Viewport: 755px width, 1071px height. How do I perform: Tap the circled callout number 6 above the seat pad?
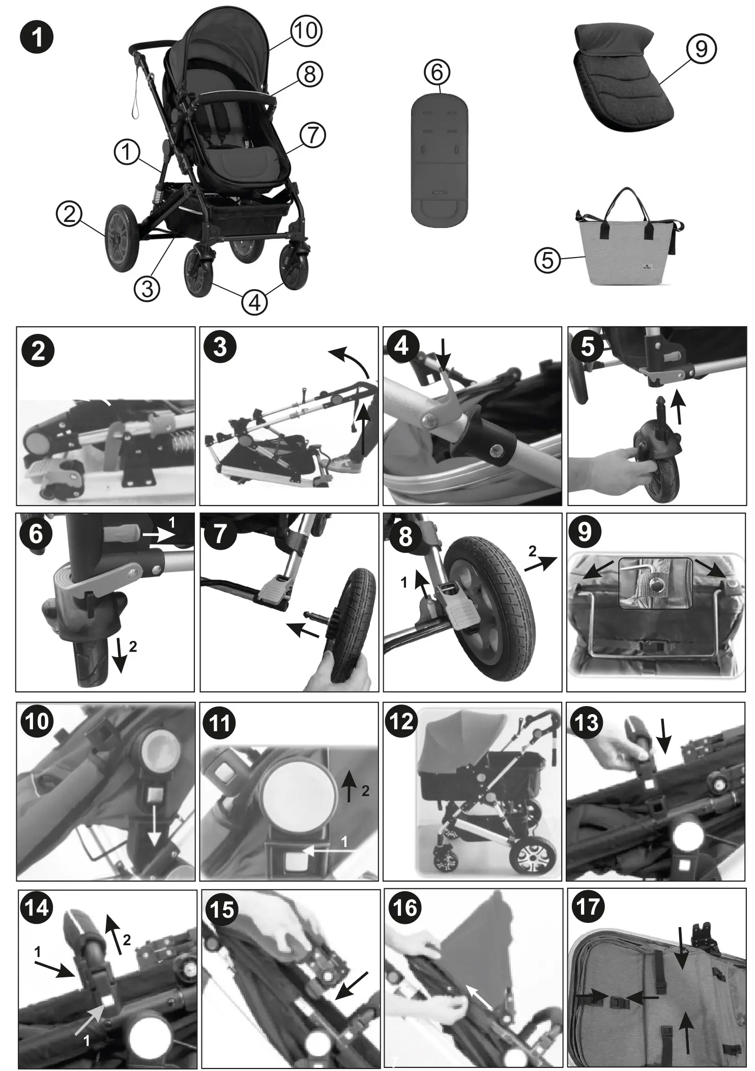coord(437,73)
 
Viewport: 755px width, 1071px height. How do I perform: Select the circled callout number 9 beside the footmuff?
coord(701,49)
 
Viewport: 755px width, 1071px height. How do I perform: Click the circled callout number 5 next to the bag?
coord(547,260)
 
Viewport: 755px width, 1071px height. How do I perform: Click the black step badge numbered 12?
coord(401,721)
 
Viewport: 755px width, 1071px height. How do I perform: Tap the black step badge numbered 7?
coord(219,534)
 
